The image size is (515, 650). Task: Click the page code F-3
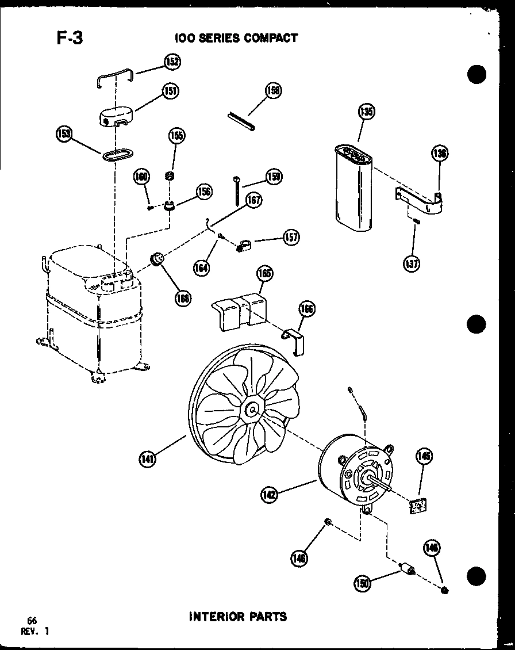pos(70,38)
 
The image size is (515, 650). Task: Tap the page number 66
pos(32,620)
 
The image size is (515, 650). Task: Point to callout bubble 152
pos(172,62)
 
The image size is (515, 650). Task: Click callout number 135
pos(366,112)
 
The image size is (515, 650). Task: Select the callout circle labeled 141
pos(148,458)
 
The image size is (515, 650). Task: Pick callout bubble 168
pos(184,298)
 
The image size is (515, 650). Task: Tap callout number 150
pos(363,583)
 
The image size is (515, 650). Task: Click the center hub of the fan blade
pos(252,410)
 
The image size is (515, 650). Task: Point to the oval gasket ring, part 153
pos(117,154)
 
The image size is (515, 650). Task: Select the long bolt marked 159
pos(236,191)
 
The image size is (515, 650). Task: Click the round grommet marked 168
pos(156,261)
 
